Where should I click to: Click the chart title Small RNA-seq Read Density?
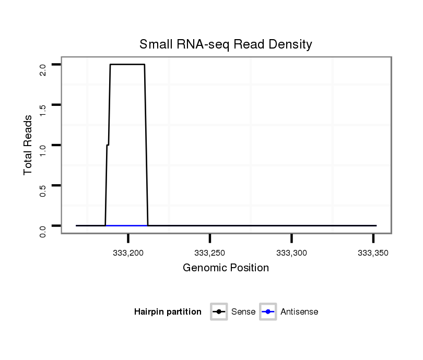(226, 44)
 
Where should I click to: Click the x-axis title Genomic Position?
(226, 268)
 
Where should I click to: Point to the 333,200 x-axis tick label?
(128, 253)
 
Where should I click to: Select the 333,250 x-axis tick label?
(209, 253)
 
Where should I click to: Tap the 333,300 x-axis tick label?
(291, 253)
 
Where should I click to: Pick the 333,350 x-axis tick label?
(373, 253)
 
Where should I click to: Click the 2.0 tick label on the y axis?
(43, 68)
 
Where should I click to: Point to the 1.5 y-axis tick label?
(43, 109)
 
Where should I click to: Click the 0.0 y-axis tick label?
(43, 230)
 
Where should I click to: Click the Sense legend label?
(243, 312)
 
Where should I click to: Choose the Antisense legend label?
(299, 312)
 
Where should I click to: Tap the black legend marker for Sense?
(219, 312)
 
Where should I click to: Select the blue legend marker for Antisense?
(267, 312)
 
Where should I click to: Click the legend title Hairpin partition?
(168, 312)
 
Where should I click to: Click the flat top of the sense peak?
(127, 64)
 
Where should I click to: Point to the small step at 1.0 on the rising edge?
(108, 145)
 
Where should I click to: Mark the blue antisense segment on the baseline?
(126, 225)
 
